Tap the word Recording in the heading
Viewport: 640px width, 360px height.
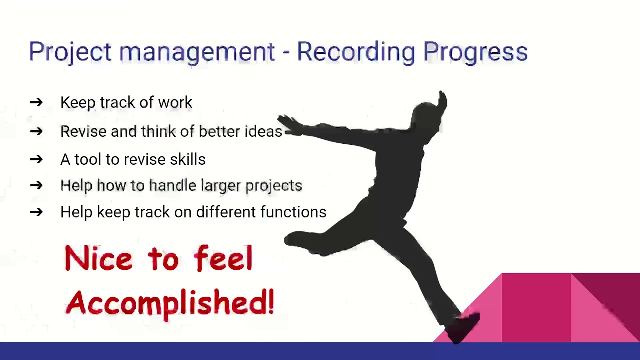click(356, 52)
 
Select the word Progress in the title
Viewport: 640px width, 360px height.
click(475, 52)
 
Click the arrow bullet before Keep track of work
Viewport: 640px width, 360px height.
click(36, 103)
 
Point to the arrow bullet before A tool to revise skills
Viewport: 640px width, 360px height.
click(36, 159)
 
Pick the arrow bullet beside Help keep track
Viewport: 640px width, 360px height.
click(36, 212)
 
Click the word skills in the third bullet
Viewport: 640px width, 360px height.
click(187, 159)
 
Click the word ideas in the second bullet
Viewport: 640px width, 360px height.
click(263, 131)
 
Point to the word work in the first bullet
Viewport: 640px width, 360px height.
click(175, 102)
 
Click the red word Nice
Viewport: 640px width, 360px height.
click(98, 259)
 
